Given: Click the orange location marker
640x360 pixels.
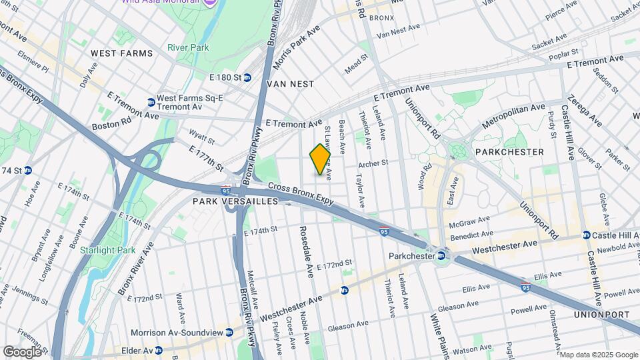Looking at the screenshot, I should click(x=320, y=159).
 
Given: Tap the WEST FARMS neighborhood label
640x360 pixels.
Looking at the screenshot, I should click(x=122, y=53).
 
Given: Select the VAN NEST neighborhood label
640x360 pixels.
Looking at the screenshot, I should click(x=289, y=84).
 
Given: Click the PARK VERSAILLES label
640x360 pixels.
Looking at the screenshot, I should click(x=235, y=201).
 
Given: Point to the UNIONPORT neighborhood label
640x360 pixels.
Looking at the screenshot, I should click(x=601, y=314).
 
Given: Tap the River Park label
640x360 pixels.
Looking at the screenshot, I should click(x=188, y=47).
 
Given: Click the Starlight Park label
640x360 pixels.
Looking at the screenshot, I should click(x=117, y=251).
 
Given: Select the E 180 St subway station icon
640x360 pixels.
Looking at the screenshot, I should click(x=247, y=78).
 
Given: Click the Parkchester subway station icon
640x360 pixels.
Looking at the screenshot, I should click(x=441, y=255).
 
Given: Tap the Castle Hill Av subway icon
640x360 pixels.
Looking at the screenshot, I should click(x=586, y=235).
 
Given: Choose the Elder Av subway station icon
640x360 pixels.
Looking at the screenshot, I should click(x=159, y=350).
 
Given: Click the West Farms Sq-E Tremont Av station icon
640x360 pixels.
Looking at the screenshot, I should click(x=151, y=102).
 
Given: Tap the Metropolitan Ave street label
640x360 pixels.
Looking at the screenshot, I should click(x=513, y=116).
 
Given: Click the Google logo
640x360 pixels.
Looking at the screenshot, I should click(x=22, y=351).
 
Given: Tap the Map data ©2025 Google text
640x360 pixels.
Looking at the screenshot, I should click(x=598, y=354).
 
